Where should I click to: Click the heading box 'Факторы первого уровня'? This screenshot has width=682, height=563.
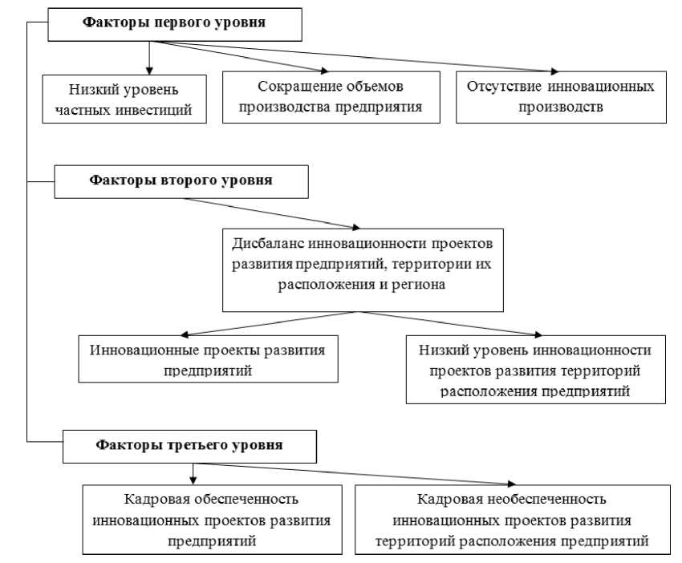click(x=175, y=23)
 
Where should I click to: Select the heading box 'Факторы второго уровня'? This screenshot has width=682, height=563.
click(x=181, y=180)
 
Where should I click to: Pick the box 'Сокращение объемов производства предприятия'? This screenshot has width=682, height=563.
click(x=331, y=96)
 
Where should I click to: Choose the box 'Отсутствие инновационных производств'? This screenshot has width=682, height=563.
click(x=561, y=96)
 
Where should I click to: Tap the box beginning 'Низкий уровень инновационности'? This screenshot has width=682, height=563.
click(x=534, y=369)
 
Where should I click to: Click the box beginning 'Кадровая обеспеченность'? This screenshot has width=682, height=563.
click(x=212, y=519)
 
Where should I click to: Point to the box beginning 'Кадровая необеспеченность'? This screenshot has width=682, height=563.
click(x=512, y=519)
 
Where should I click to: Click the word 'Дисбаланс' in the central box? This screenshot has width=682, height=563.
click(x=265, y=242)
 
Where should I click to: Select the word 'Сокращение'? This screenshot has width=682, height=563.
click(x=292, y=85)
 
